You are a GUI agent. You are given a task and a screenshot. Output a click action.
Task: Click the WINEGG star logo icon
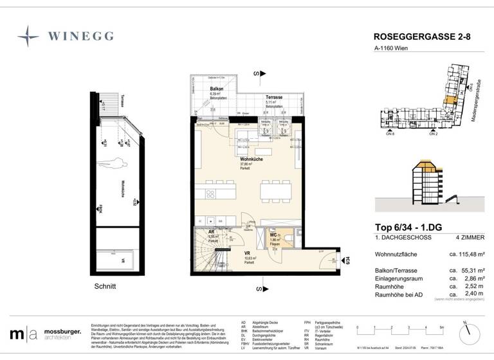(28, 35)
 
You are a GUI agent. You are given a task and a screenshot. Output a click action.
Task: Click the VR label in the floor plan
(247, 253)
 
